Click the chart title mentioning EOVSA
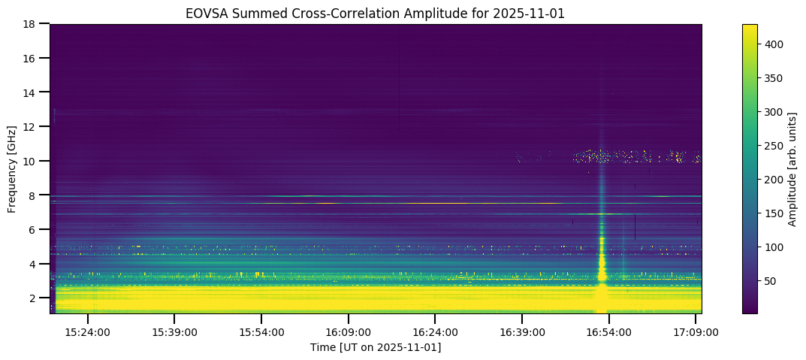[375, 13]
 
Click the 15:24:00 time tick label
[88, 331]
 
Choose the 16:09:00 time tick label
[348, 331]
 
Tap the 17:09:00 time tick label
[696, 331]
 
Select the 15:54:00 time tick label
[261, 331]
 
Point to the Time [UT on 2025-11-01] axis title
[375, 347]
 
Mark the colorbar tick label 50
[771, 281]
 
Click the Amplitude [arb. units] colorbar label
[793, 168]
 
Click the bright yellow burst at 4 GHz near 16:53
[602, 264]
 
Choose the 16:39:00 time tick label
[521, 331]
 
